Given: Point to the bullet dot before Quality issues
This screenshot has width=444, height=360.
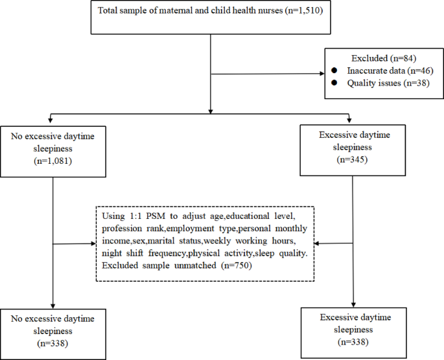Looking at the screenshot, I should click(x=334, y=84).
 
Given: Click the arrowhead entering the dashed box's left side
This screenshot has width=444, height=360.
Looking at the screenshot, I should click(x=93, y=244).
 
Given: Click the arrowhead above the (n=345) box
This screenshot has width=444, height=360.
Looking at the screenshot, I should click(x=351, y=117).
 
